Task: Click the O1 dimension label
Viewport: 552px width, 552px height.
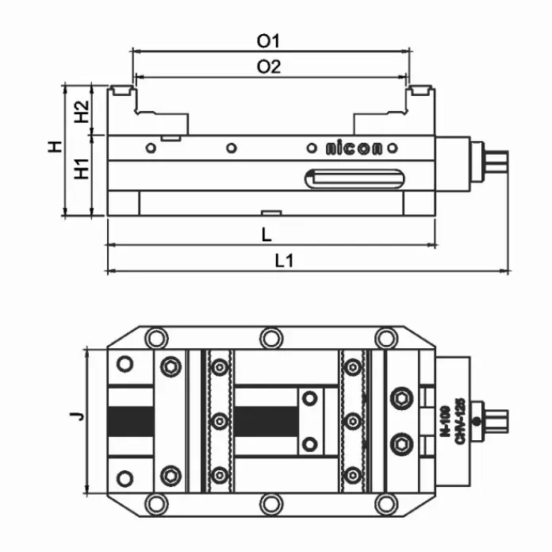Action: tap(270, 40)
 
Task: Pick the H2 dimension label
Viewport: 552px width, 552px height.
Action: tap(80, 112)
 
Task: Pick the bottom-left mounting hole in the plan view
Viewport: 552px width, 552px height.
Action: tap(157, 503)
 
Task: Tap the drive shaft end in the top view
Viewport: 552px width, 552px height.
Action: tap(496, 420)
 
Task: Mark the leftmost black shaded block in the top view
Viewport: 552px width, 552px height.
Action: tap(131, 421)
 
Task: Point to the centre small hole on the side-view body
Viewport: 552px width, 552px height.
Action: tap(231, 148)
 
